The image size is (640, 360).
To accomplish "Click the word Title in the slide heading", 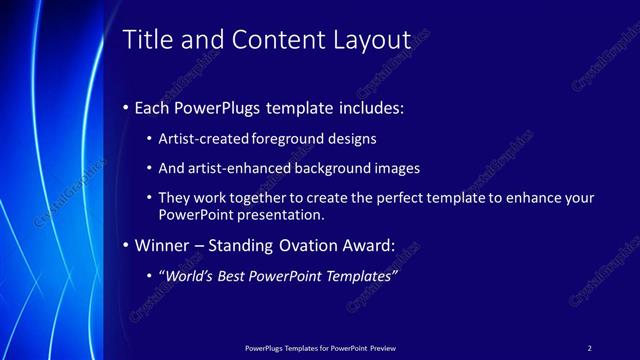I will [146, 39].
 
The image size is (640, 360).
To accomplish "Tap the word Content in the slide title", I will [276, 39].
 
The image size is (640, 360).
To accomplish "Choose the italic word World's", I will [193, 276].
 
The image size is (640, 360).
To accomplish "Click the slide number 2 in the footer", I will [589, 347].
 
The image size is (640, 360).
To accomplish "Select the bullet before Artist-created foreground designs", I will [150, 139].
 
